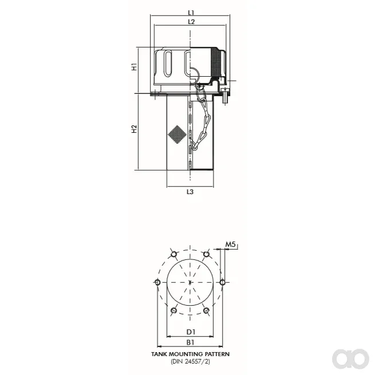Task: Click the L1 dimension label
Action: pyautogui.click(x=191, y=12)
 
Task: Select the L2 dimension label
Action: pyautogui.click(x=191, y=22)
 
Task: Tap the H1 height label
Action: pyautogui.click(x=135, y=67)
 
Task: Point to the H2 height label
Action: pyautogui.click(x=135, y=129)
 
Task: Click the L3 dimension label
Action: pyautogui.click(x=190, y=192)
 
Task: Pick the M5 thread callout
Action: pyautogui.click(x=231, y=244)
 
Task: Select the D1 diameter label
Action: pyautogui.click(x=191, y=331)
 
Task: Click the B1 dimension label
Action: pyautogui.click(x=191, y=342)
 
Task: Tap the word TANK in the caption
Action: pyautogui.click(x=158, y=354)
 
